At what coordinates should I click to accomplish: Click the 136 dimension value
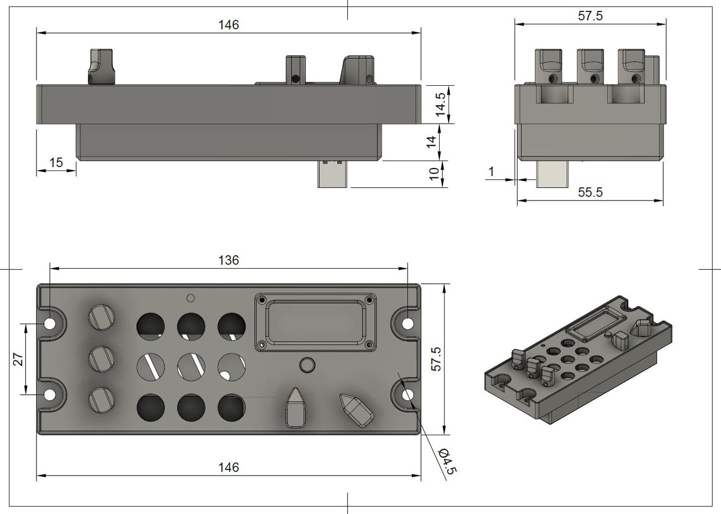(x=229, y=260)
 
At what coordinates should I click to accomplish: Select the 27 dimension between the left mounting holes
(x=18, y=359)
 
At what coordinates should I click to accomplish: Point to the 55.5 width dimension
(x=590, y=192)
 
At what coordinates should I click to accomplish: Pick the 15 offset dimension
(x=56, y=163)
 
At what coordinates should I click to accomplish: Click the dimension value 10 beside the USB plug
(x=434, y=174)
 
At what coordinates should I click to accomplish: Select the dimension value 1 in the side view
(x=491, y=171)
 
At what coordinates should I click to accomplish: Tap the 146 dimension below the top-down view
(x=229, y=467)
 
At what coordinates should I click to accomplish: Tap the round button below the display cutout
(x=307, y=364)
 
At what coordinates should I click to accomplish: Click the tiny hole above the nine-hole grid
(x=190, y=298)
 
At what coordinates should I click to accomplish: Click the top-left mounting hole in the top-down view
(x=50, y=324)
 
